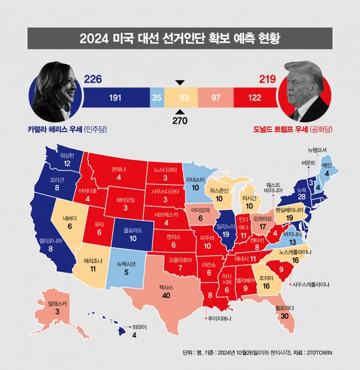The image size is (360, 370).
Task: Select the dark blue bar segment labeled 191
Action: (x=115, y=98)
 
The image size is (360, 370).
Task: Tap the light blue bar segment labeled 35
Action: (x=157, y=98)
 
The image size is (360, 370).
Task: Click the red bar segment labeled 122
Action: (x=254, y=98)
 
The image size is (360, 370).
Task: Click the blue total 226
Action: (x=94, y=79)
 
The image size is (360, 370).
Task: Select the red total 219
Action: (x=267, y=79)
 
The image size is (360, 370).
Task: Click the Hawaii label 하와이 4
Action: (x=134, y=331)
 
